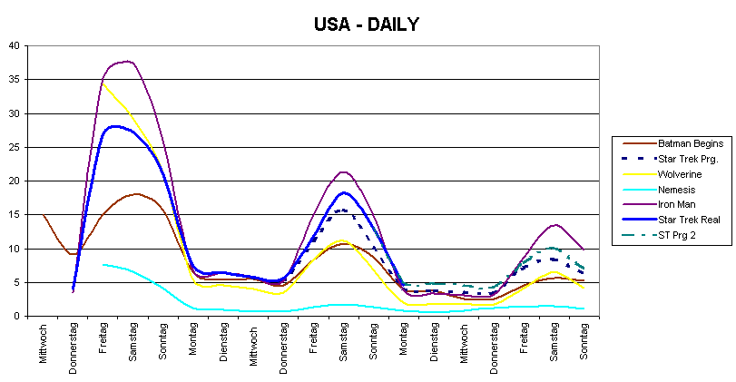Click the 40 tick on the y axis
(13, 46)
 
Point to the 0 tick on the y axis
(16, 316)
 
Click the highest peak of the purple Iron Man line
(130, 62)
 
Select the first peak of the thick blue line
(115, 126)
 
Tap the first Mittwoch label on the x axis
(44, 344)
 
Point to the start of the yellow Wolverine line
(103, 83)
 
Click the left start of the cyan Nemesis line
(103, 264)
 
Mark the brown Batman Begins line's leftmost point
(44, 215)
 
